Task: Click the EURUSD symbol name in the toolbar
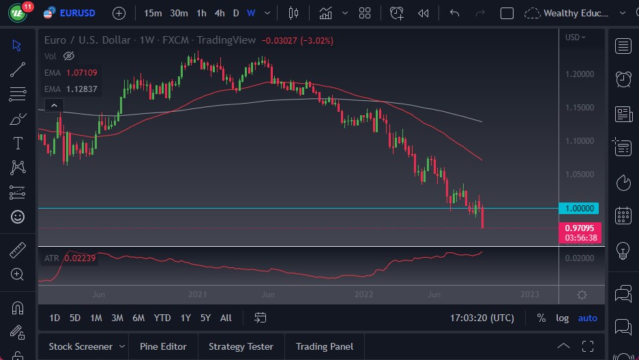pos(77,13)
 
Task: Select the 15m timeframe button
pos(153,13)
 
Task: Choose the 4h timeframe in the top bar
pos(219,13)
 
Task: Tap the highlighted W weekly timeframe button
pos(251,13)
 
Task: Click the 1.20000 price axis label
pos(580,74)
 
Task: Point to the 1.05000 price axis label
pos(580,175)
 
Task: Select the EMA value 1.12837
pos(80,89)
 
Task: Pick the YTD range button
pos(162,318)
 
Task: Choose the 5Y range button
pos(205,318)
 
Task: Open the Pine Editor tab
pos(163,346)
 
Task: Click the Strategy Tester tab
pos(241,346)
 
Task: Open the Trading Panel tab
pos(324,346)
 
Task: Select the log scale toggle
pos(562,318)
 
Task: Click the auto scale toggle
pos(587,318)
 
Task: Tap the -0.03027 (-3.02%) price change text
pos(297,40)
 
